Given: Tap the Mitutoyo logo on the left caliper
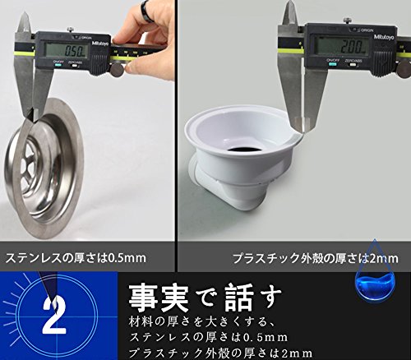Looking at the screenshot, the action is (99, 44).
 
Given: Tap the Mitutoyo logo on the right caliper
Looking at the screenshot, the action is (384, 36).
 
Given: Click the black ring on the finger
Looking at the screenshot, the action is (147, 11).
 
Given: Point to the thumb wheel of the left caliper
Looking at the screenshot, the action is (118, 70).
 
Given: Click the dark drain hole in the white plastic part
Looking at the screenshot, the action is (245, 149).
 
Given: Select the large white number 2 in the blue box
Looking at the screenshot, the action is (54, 315).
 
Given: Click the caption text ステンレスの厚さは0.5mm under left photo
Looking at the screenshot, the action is (76, 258).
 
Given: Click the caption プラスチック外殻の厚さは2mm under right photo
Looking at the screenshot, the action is (316, 258).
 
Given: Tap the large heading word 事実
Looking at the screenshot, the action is (159, 298).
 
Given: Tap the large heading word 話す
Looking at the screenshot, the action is (253, 298).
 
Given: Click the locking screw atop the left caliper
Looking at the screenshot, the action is (71, 30).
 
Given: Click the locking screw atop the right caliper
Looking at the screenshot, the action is (348, 21).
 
